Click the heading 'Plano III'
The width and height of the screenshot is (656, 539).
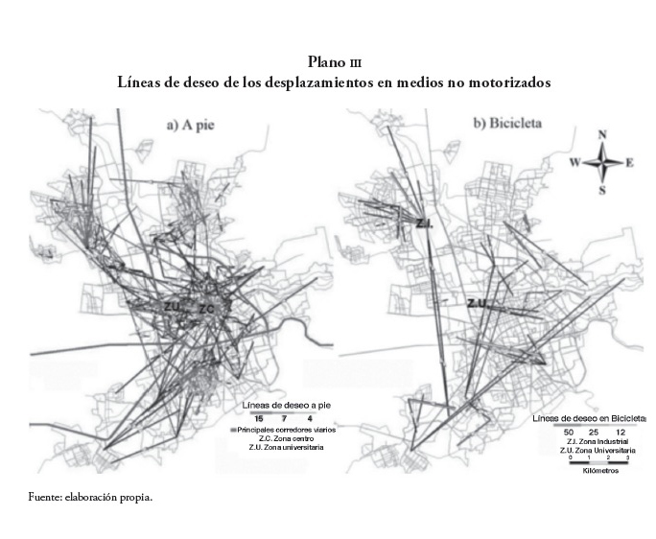328,63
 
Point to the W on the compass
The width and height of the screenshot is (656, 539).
574,163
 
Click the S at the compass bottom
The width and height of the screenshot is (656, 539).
602,190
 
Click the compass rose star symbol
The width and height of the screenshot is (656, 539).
602,162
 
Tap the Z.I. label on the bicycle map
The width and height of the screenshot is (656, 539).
426,223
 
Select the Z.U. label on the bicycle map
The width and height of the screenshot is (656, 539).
479,304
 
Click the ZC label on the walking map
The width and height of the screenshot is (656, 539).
208,309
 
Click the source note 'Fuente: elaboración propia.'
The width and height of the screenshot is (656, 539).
92,498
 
